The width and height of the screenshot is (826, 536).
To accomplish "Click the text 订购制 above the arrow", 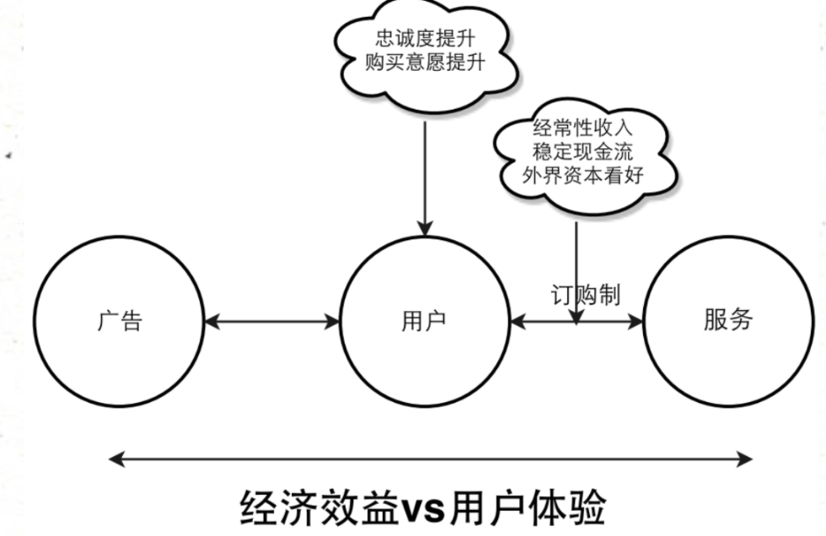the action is (x=585, y=295).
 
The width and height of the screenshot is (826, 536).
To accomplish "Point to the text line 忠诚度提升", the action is (x=425, y=39).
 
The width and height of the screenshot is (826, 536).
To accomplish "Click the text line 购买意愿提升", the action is (x=425, y=62).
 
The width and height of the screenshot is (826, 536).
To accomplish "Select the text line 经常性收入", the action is (x=582, y=128).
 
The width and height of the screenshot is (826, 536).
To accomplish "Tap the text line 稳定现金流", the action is (x=582, y=152).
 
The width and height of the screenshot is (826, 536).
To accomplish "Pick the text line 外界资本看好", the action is (x=582, y=174).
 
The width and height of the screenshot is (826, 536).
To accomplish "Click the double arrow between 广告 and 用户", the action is (x=271, y=322).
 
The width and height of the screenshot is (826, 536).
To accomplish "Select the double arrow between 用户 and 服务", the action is (x=577, y=322).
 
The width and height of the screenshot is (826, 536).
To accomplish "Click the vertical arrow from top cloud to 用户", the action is (x=425, y=179).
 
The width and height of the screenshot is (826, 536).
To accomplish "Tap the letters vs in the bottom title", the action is (x=423, y=509).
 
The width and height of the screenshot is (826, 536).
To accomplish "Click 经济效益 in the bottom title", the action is (x=319, y=507).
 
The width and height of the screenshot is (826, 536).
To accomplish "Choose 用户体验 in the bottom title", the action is (x=526, y=507).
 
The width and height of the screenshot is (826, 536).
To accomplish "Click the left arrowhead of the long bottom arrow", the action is (x=117, y=459).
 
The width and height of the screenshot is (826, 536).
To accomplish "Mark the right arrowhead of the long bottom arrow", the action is (x=744, y=459).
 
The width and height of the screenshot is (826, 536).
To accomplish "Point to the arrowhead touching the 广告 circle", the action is (x=212, y=322).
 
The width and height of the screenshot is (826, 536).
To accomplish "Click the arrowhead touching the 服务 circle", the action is (x=636, y=322).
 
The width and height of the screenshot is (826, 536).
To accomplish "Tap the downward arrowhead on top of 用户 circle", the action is (x=425, y=228).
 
